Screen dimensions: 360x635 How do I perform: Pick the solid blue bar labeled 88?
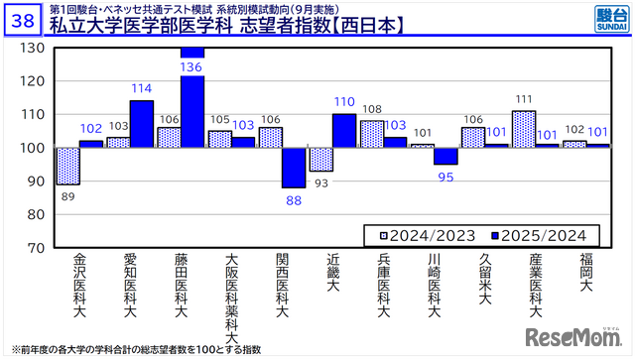294,168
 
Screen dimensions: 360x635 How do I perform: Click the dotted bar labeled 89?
67,167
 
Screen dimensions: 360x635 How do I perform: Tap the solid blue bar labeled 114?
141,124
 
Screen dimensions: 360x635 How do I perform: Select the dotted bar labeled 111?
524,129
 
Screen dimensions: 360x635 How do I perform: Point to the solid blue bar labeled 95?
445,156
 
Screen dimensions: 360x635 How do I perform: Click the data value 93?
319,181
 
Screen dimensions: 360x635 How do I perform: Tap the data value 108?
371,110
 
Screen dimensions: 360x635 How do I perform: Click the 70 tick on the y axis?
36,247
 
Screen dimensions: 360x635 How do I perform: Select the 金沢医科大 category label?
79,287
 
